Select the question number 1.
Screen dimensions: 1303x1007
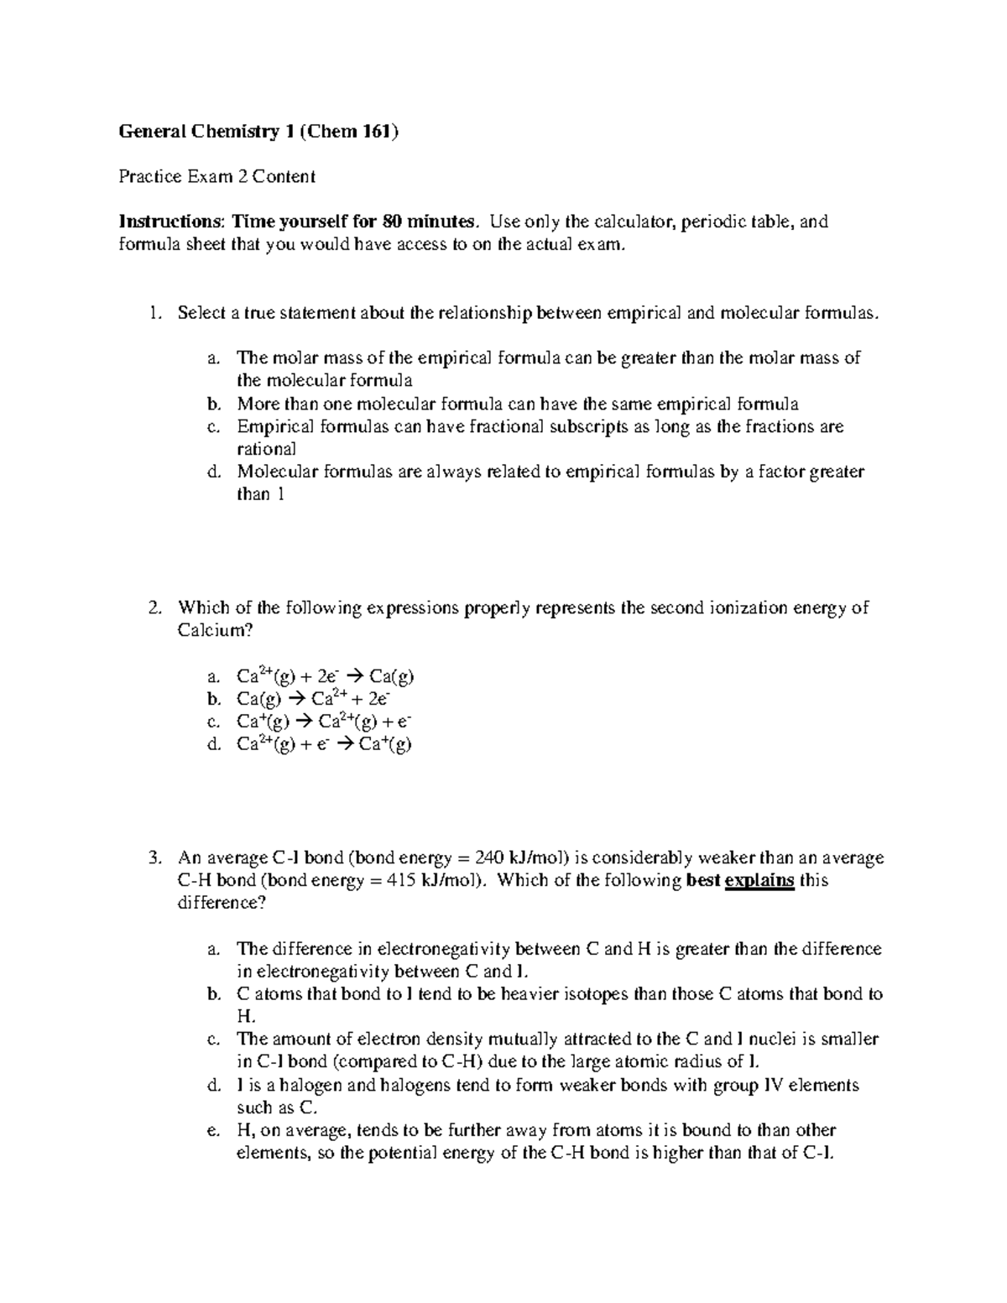153,313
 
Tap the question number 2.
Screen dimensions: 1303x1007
153,607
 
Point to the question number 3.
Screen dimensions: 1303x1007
153,857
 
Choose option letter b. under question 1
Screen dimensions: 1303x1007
213,404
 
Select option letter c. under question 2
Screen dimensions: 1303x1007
212,721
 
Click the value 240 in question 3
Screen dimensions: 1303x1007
490,857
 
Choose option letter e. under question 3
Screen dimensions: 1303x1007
212,1130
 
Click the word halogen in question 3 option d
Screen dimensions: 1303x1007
307,1085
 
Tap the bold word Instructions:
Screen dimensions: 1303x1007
171,222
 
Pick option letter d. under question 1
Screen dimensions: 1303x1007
213,472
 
